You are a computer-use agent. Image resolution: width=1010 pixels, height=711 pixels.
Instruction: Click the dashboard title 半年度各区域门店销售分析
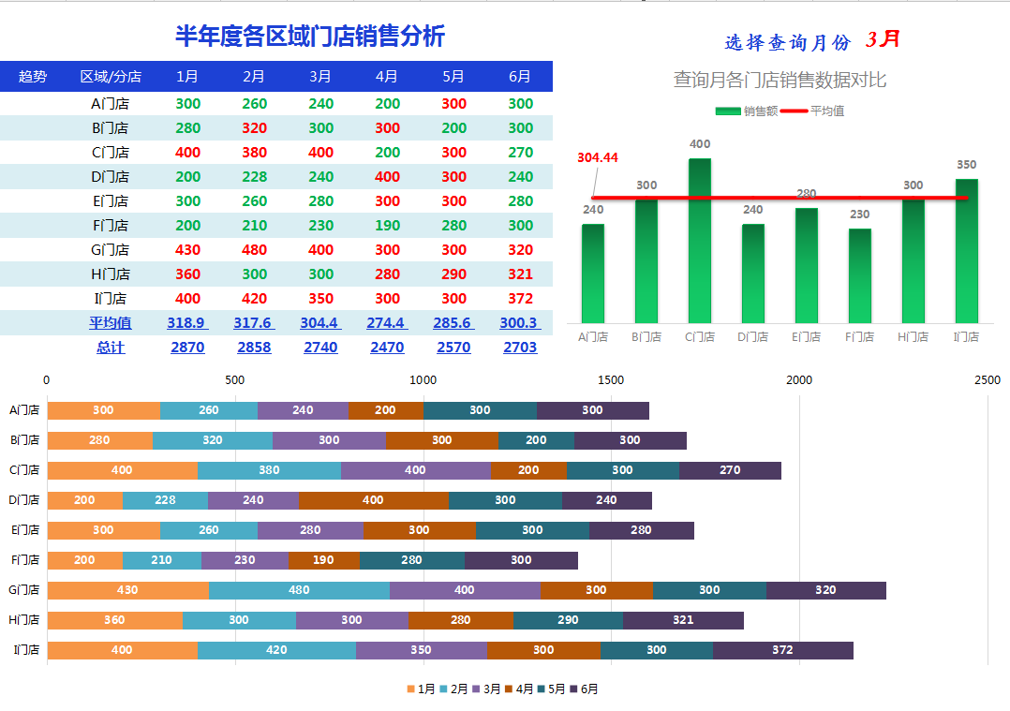[310, 37]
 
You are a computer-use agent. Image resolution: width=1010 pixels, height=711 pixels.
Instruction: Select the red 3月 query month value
[883, 39]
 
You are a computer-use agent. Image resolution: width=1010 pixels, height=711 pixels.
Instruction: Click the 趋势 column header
[33, 77]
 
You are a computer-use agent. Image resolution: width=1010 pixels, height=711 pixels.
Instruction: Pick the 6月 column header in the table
[520, 77]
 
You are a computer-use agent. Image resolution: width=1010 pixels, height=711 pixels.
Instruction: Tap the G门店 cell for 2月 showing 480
[254, 250]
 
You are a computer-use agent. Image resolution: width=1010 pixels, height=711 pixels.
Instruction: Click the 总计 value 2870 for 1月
[187, 348]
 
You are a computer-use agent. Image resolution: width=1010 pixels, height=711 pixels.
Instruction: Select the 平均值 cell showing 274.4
[387, 323]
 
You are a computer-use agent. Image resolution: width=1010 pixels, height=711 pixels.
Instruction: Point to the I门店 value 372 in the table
[520, 299]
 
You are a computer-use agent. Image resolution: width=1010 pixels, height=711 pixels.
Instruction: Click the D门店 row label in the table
[110, 177]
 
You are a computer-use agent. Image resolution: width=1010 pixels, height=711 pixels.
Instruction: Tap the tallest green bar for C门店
[699, 240]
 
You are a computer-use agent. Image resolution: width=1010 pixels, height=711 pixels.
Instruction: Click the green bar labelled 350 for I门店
[966, 250]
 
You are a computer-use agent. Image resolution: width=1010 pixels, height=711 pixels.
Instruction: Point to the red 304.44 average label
[598, 157]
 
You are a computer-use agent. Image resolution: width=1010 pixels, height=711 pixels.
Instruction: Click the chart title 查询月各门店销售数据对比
[780, 81]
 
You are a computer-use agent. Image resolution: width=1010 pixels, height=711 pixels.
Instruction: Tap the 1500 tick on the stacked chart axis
[611, 380]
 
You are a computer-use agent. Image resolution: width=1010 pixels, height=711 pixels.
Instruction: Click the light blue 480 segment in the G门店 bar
[299, 590]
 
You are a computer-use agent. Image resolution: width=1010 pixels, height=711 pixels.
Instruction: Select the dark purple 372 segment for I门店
[782, 650]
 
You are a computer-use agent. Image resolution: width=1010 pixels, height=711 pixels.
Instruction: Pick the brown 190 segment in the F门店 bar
[323, 560]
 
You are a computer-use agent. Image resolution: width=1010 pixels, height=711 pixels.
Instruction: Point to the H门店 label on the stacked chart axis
[25, 620]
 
